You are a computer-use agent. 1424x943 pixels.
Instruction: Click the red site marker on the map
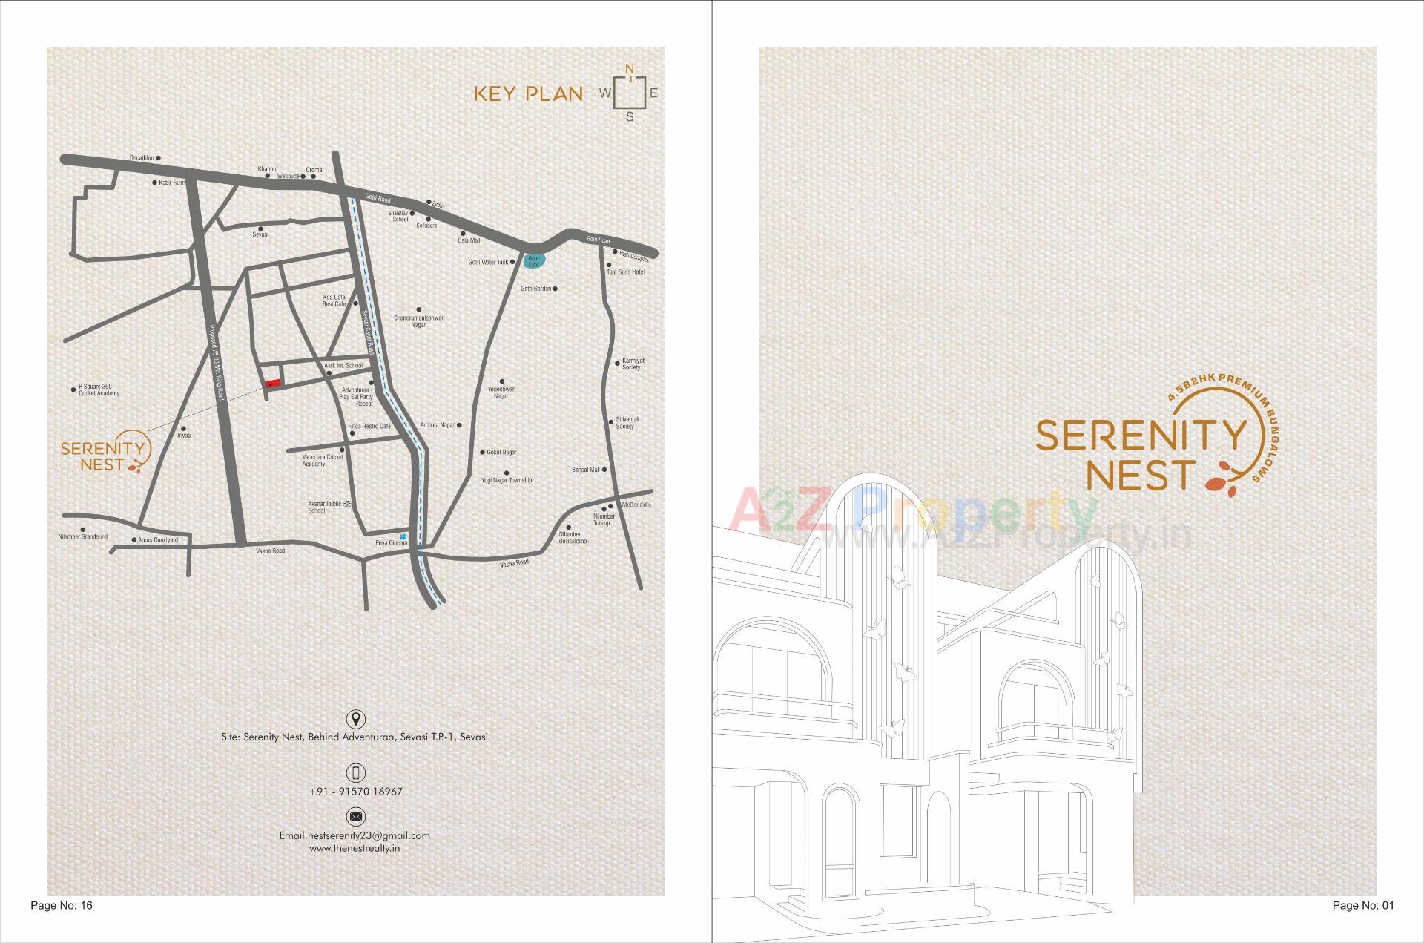tap(274, 383)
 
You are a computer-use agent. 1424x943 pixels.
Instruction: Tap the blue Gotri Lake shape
tap(534, 260)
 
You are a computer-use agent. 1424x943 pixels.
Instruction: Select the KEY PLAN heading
tap(528, 94)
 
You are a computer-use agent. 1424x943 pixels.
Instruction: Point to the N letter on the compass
tap(630, 70)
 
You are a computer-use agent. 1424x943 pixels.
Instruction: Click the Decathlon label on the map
tap(142, 158)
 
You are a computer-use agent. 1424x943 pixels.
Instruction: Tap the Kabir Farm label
tap(172, 183)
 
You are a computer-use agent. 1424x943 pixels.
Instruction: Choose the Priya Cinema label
tap(391, 543)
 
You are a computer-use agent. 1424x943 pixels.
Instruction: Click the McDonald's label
tap(636, 505)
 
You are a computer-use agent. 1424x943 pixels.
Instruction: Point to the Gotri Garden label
tap(535, 289)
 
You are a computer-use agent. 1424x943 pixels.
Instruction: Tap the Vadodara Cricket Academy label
tap(323, 460)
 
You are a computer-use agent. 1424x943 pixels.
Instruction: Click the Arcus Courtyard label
tap(158, 540)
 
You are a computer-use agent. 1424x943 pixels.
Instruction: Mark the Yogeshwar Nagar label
tap(501, 392)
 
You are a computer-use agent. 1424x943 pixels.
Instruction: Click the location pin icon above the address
tap(356, 718)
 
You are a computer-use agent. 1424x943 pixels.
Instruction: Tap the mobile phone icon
tap(356, 772)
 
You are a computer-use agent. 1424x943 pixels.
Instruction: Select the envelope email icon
tap(356, 817)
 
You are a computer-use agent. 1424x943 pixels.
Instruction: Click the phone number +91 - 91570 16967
tap(355, 792)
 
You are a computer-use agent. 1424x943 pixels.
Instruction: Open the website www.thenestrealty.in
tap(355, 847)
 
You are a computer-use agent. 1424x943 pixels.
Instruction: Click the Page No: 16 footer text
tap(62, 905)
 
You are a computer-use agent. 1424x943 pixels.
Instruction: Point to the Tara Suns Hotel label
tap(625, 272)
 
